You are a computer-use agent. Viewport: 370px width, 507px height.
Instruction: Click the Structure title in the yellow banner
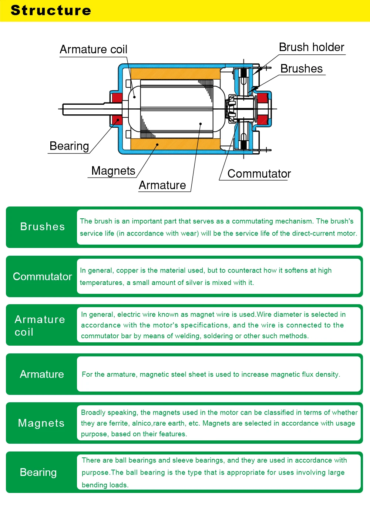pyautogui.click(x=51, y=10)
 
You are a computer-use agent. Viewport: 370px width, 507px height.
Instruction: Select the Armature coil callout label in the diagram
pyautogui.click(x=93, y=49)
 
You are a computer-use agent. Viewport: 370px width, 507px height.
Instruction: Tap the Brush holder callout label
pyautogui.click(x=311, y=47)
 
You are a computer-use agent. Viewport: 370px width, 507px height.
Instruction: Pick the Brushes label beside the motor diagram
pyautogui.click(x=301, y=69)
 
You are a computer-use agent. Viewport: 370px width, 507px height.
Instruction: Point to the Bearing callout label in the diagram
pyautogui.click(x=69, y=146)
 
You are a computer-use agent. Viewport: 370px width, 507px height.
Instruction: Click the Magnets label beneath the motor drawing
pyautogui.click(x=113, y=171)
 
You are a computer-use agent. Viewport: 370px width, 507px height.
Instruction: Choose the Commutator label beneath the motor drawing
pyautogui.click(x=259, y=174)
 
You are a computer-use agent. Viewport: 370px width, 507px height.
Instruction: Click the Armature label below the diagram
pyautogui.click(x=162, y=185)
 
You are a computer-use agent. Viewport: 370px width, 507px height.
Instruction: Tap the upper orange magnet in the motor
pyautogui.click(x=174, y=73)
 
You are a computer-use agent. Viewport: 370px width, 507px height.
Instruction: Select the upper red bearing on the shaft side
pyautogui.click(x=117, y=98)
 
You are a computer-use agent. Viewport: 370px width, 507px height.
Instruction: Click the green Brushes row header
pyautogui.click(x=42, y=227)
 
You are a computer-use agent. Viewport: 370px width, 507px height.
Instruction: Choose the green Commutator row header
pyautogui.click(x=42, y=276)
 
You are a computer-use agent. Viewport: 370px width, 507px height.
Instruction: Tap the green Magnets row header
pyautogui.click(x=41, y=423)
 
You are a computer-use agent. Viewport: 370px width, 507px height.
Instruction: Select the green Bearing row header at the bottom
pyautogui.click(x=38, y=472)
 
